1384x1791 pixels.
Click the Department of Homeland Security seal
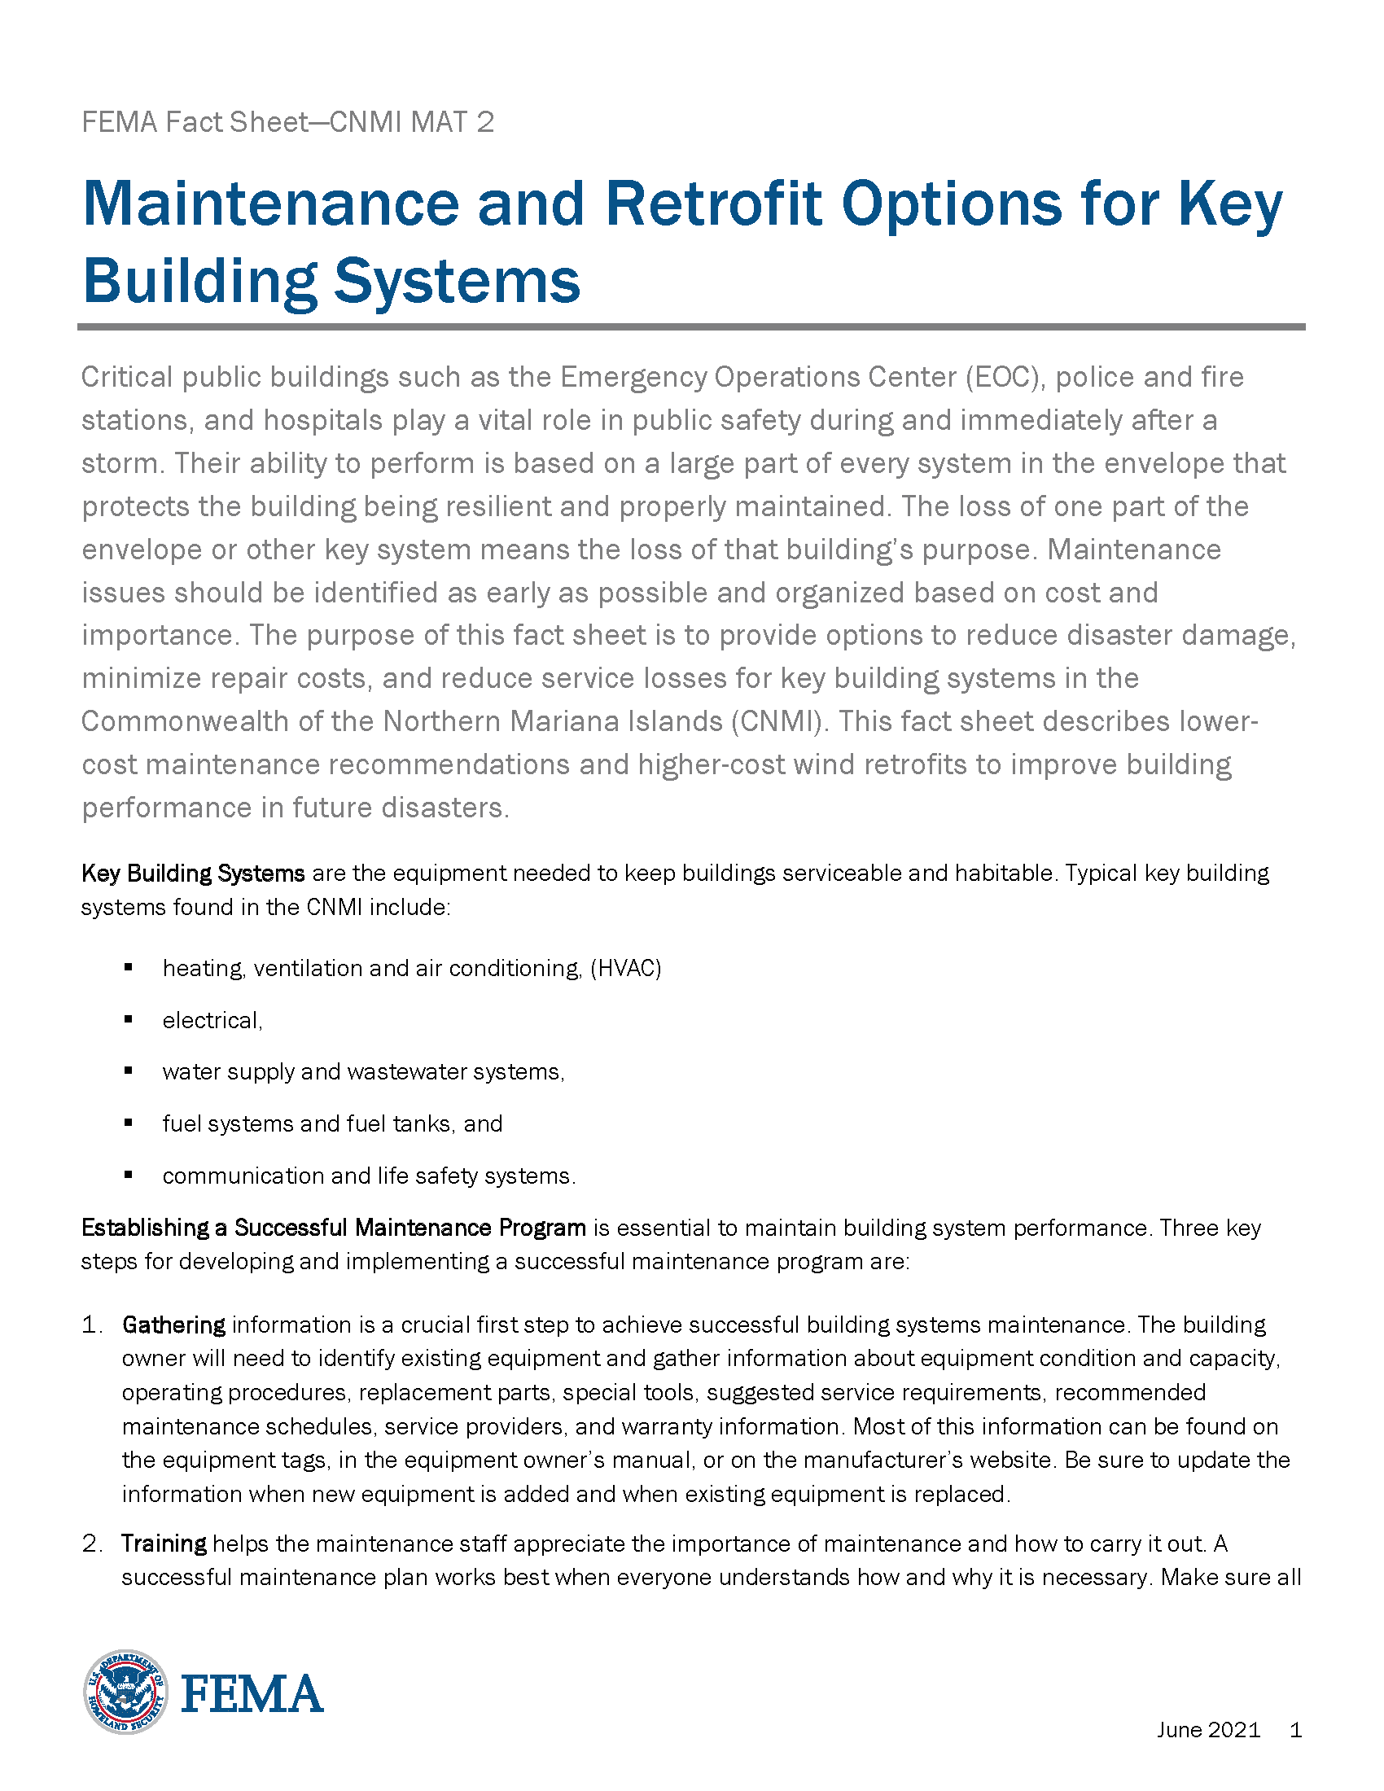125,1692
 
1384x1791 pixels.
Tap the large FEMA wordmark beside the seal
252,1694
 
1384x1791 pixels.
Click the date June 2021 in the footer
1207,1729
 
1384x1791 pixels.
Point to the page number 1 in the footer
1295,1729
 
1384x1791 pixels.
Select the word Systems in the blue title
457,281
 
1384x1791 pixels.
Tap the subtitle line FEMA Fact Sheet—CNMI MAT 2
287,122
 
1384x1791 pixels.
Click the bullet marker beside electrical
129,1019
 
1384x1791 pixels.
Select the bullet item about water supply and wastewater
363,1072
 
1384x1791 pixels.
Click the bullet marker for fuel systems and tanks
129,1123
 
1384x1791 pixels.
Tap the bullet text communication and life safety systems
369,1176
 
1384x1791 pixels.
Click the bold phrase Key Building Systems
193,874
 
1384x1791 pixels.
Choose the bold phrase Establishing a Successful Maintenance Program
333,1228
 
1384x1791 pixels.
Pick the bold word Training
164,1544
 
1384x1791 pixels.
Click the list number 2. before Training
92,1544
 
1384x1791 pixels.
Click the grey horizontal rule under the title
690,326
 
